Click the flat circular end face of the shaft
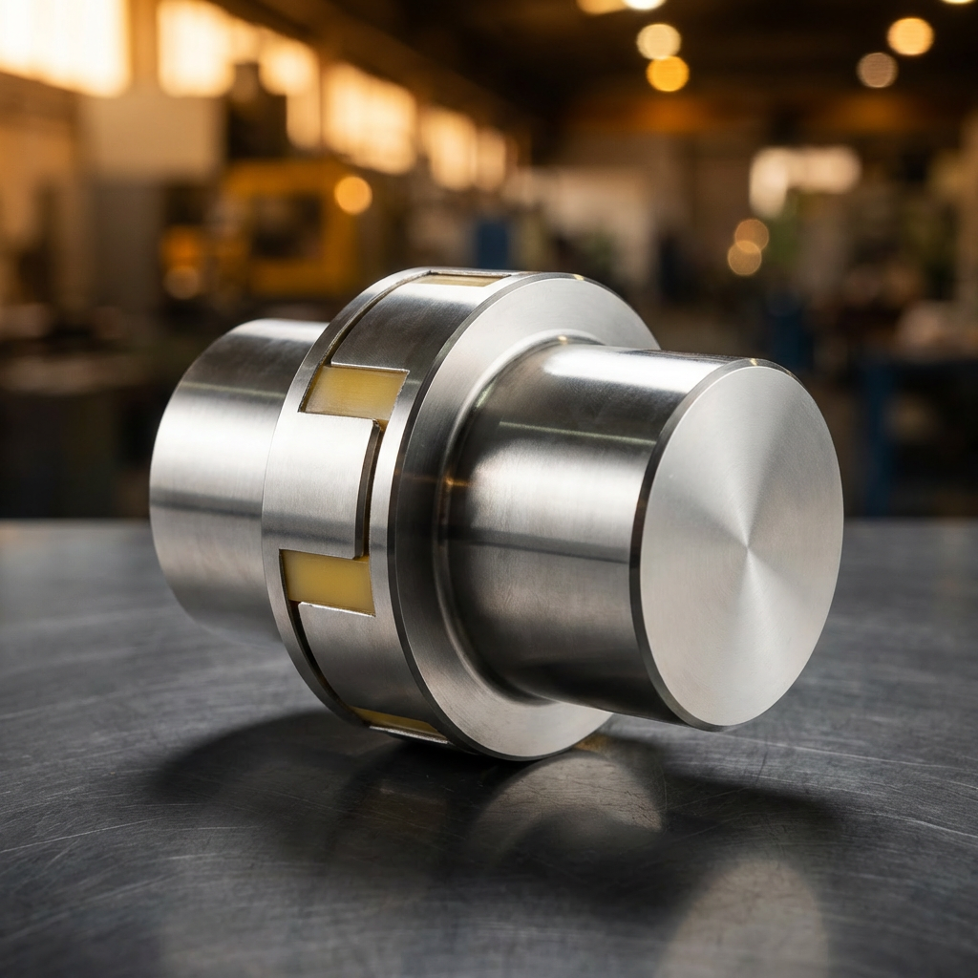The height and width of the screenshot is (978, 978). click(740, 544)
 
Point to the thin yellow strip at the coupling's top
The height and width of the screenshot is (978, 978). click(458, 280)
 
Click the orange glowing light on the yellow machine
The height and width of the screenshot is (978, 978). click(352, 195)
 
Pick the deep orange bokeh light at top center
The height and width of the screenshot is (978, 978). click(668, 74)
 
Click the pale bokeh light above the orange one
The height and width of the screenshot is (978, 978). click(659, 41)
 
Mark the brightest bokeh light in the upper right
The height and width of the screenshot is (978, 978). click(909, 36)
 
